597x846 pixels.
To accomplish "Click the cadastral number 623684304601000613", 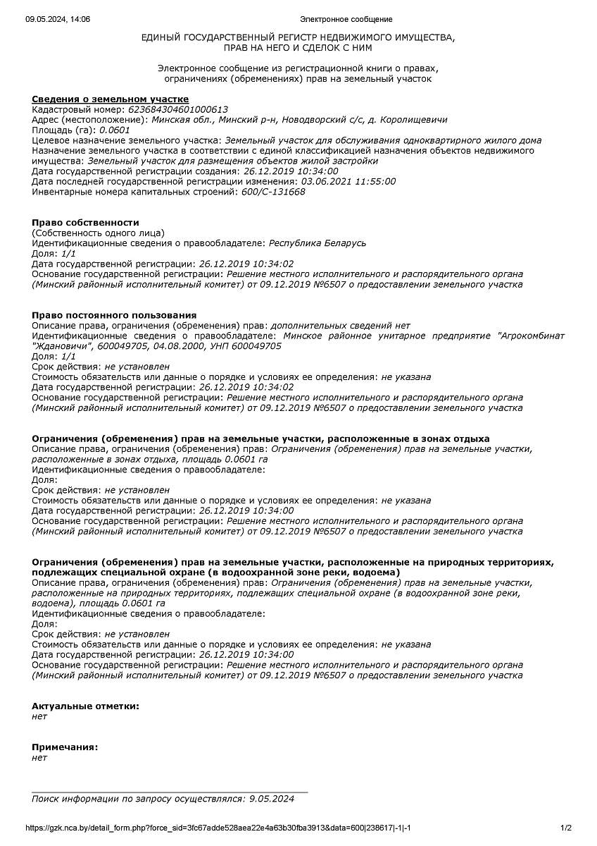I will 179,109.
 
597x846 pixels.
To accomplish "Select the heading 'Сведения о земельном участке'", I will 110,99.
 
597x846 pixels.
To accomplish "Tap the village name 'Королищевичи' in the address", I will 413,120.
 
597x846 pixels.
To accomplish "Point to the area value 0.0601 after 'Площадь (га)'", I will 115,130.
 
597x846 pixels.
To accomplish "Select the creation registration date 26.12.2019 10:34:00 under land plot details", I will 291,171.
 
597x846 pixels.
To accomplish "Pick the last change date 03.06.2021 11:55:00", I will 348,181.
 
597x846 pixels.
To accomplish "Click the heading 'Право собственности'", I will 85,223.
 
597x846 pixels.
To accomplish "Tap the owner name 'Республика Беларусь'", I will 318,243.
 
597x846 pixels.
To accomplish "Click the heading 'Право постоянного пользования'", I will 114,315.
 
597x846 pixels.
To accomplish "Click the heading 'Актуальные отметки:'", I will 85,706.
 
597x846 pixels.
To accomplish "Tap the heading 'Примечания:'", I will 65,747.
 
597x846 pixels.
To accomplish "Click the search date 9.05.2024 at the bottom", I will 272,799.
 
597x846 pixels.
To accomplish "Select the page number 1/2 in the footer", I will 566,828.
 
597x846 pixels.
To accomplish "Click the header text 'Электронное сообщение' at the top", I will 346,19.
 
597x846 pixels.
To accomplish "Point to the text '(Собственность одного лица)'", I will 98,233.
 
